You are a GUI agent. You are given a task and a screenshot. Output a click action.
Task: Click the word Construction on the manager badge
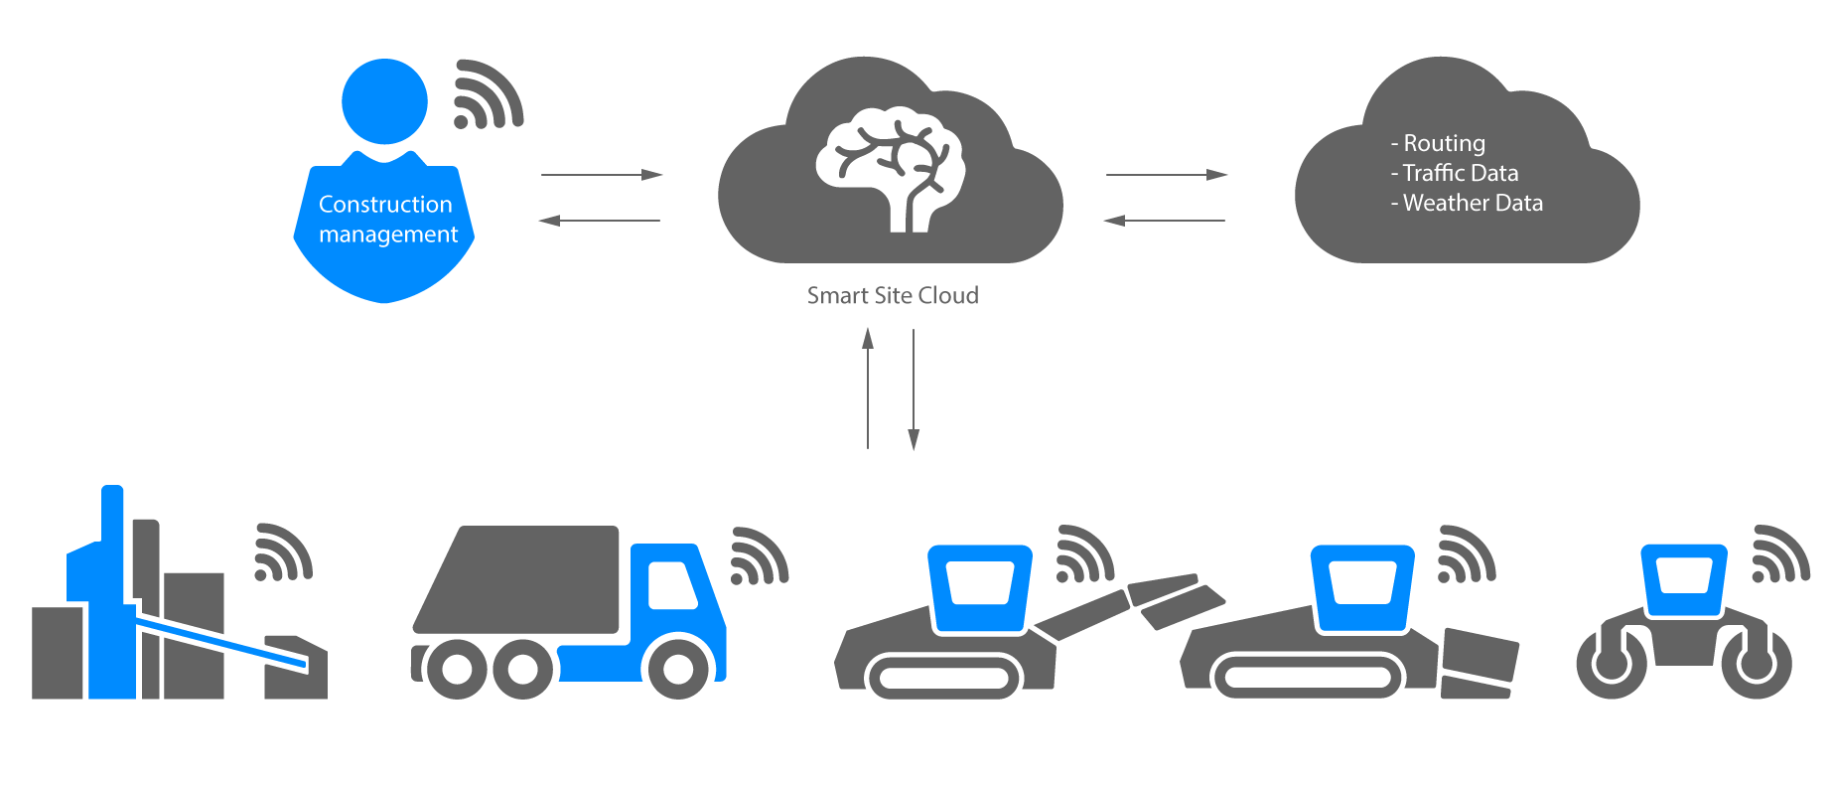pyautogui.click(x=385, y=205)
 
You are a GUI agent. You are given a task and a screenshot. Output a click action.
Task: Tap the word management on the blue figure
pyautogui.click(x=388, y=235)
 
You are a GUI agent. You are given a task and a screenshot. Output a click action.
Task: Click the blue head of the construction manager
pyautogui.click(x=384, y=101)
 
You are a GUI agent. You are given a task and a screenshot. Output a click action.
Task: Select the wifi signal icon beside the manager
pyautogui.click(x=487, y=96)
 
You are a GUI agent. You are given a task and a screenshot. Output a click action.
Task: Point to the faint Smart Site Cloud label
pyautogui.click(x=894, y=296)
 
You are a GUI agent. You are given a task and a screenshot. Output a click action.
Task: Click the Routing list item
pyautogui.click(x=1443, y=143)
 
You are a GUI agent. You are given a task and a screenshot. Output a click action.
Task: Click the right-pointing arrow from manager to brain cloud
pyautogui.click(x=601, y=175)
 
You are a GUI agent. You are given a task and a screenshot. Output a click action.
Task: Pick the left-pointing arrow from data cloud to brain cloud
pyautogui.click(x=1164, y=221)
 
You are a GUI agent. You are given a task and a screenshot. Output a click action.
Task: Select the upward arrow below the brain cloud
pyautogui.click(x=868, y=388)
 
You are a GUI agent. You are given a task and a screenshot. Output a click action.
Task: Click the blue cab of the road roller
pyautogui.click(x=1683, y=579)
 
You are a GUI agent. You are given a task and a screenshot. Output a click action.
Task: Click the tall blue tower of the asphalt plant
pyautogui.click(x=112, y=596)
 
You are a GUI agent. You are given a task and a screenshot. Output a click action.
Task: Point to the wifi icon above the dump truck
pyautogui.click(x=759, y=557)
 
